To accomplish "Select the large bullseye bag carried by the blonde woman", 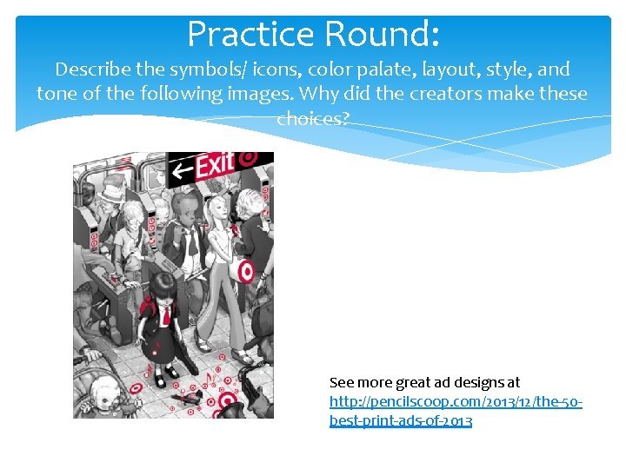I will pos(247,271).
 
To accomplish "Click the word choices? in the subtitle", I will pos(312,118).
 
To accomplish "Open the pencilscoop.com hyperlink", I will pos(455,402).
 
